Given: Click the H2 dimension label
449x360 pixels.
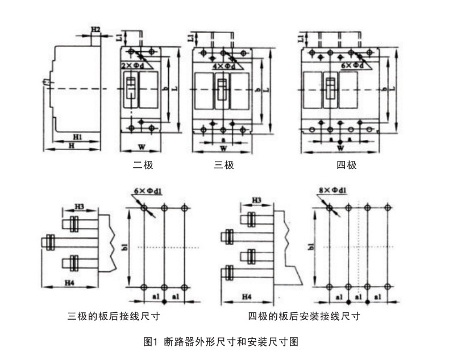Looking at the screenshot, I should pos(95,29).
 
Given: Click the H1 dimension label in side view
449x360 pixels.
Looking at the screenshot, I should pos(78,136).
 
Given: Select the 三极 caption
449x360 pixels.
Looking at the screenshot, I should pos(223,165).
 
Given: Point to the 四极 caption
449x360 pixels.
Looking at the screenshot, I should pos(346,165).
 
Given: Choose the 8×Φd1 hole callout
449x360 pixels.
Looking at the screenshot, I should pos(334,191).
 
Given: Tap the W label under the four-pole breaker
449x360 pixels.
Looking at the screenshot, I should pos(340,148).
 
